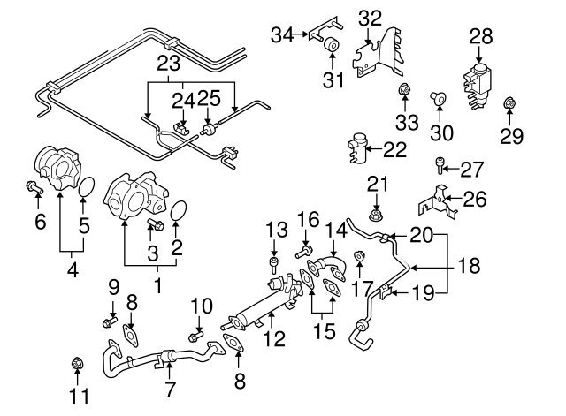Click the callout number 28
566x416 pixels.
pyautogui.click(x=480, y=36)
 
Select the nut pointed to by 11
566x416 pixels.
pyautogui.click(x=76, y=364)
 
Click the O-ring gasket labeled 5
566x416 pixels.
pyautogui.click(x=86, y=187)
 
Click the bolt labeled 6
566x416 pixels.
pyautogui.click(x=33, y=186)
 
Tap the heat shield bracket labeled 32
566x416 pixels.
pyautogui.click(x=375, y=53)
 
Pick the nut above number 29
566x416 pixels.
pyautogui.click(x=510, y=107)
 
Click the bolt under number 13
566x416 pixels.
pyautogui.click(x=276, y=263)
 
